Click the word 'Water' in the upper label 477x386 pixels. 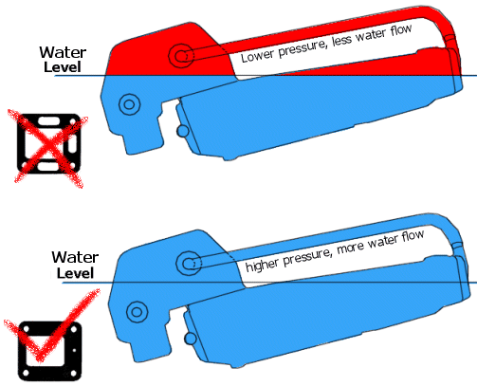point(63,52)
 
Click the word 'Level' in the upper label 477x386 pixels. point(63,67)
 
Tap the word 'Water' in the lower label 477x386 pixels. point(75,257)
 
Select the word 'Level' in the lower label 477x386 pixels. point(75,273)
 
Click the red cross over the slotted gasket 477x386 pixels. point(48,149)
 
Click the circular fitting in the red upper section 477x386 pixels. point(181,56)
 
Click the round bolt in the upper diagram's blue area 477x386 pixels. point(129,104)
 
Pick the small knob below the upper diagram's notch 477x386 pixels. point(182,131)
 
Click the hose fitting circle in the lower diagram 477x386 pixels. point(189,263)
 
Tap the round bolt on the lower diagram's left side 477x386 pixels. point(137,312)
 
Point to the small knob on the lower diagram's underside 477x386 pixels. point(190,339)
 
